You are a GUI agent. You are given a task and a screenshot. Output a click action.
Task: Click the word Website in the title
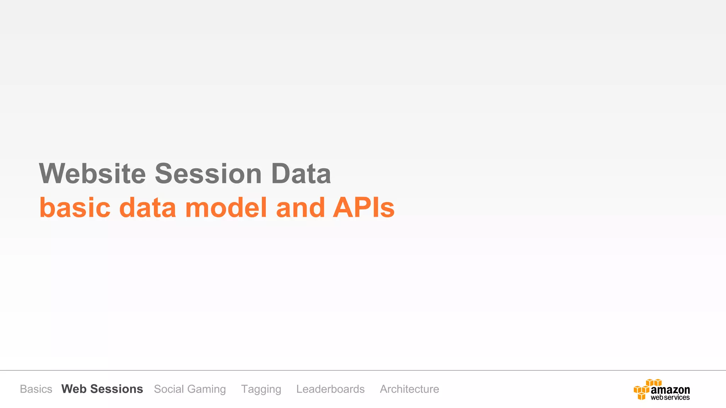pyautogui.click(x=92, y=174)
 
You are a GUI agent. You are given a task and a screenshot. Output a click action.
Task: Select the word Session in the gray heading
pyautogui.click(x=208, y=174)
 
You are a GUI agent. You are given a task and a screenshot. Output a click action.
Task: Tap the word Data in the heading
pyautogui.click(x=301, y=174)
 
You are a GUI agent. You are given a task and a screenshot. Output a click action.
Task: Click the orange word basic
pyautogui.click(x=75, y=207)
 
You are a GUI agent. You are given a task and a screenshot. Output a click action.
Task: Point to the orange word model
pyautogui.click(x=226, y=207)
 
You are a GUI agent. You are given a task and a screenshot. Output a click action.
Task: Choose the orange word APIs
pyautogui.click(x=364, y=207)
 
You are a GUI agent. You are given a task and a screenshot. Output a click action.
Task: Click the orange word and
pyautogui.click(x=300, y=207)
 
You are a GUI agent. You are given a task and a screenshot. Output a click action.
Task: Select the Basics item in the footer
pyautogui.click(x=36, y=389)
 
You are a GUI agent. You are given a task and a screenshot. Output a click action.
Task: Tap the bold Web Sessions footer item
pyautogui.click(x=102, y=389)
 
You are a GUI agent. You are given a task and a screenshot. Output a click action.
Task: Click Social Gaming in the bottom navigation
pyautogui.click(x=190, y=389)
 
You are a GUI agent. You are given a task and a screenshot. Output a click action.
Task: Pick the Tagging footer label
pyautogui.click(x=261, y=389)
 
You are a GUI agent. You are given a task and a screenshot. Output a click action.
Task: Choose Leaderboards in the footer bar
pyautogui.click(x=330, y=389)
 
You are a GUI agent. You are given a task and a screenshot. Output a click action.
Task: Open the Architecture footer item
pyautogui.click(x=409, y=389)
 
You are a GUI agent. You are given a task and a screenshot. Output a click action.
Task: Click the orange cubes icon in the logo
pyautogui.click(x=644, y=389)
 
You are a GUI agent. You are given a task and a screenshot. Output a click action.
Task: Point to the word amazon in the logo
pyautogui.click(x=670, y=390)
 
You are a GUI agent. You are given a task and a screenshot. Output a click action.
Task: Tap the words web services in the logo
pyautogui.click(x=670, y=397)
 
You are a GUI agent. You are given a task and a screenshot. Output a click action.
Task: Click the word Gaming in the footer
pyautogui.click(x=206, y=389)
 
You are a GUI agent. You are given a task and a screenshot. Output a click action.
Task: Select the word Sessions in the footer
pyautogui.click(x=117, y=389)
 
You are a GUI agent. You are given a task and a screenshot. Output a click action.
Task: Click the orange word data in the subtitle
pyautogui.click(x=147, y=207)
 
